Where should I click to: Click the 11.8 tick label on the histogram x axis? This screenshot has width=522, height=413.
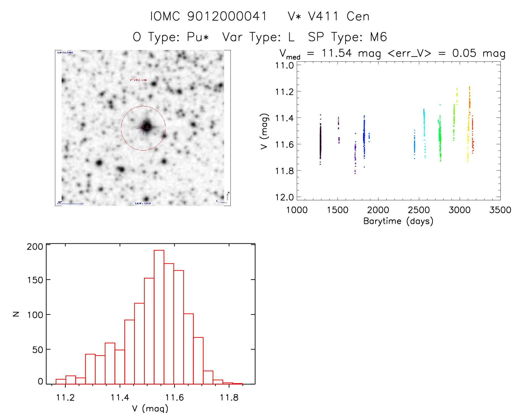click(229, 398)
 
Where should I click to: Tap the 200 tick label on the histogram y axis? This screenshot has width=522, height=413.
click(35, 246)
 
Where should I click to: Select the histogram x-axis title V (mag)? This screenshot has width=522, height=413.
click(150, 408)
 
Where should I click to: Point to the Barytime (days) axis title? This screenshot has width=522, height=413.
click(398, 221)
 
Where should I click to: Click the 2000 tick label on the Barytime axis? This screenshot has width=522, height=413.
click(378, 210)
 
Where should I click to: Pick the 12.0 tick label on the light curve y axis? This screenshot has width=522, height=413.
click(284, 197)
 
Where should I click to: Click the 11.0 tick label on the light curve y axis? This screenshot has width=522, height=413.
click(284, 66)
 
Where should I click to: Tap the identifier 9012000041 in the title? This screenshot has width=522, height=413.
click(227, 16)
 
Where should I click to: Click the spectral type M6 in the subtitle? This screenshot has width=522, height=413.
click(379, 37)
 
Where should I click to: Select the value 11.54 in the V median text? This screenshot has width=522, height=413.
click(337, 53)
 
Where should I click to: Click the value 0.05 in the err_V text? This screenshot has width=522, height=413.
click(464, 53)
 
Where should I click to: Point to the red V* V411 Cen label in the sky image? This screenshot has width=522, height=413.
click(138, 80)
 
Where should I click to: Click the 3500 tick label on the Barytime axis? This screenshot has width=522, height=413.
click(500, 210)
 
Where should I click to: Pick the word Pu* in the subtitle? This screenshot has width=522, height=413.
click(198, 37)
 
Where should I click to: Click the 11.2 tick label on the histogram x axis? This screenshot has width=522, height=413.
click(65, 398)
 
